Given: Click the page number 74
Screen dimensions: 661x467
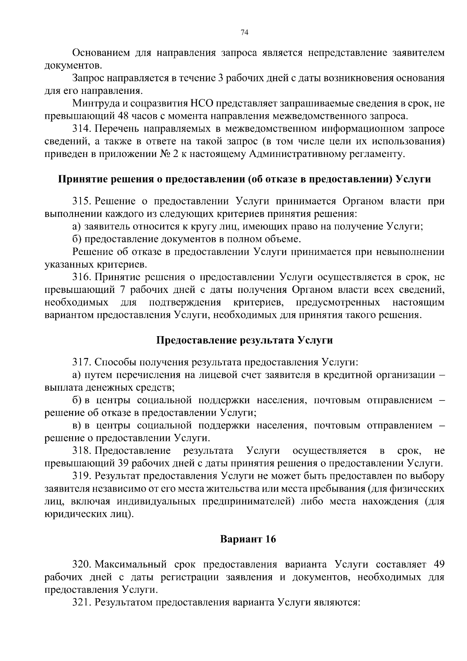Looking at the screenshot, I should point(244,33).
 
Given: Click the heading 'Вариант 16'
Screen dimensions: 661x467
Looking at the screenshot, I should point(248,539).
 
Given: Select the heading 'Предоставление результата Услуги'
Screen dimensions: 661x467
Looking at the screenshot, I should point(244,340).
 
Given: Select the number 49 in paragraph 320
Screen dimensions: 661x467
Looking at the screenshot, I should point(438,564).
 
